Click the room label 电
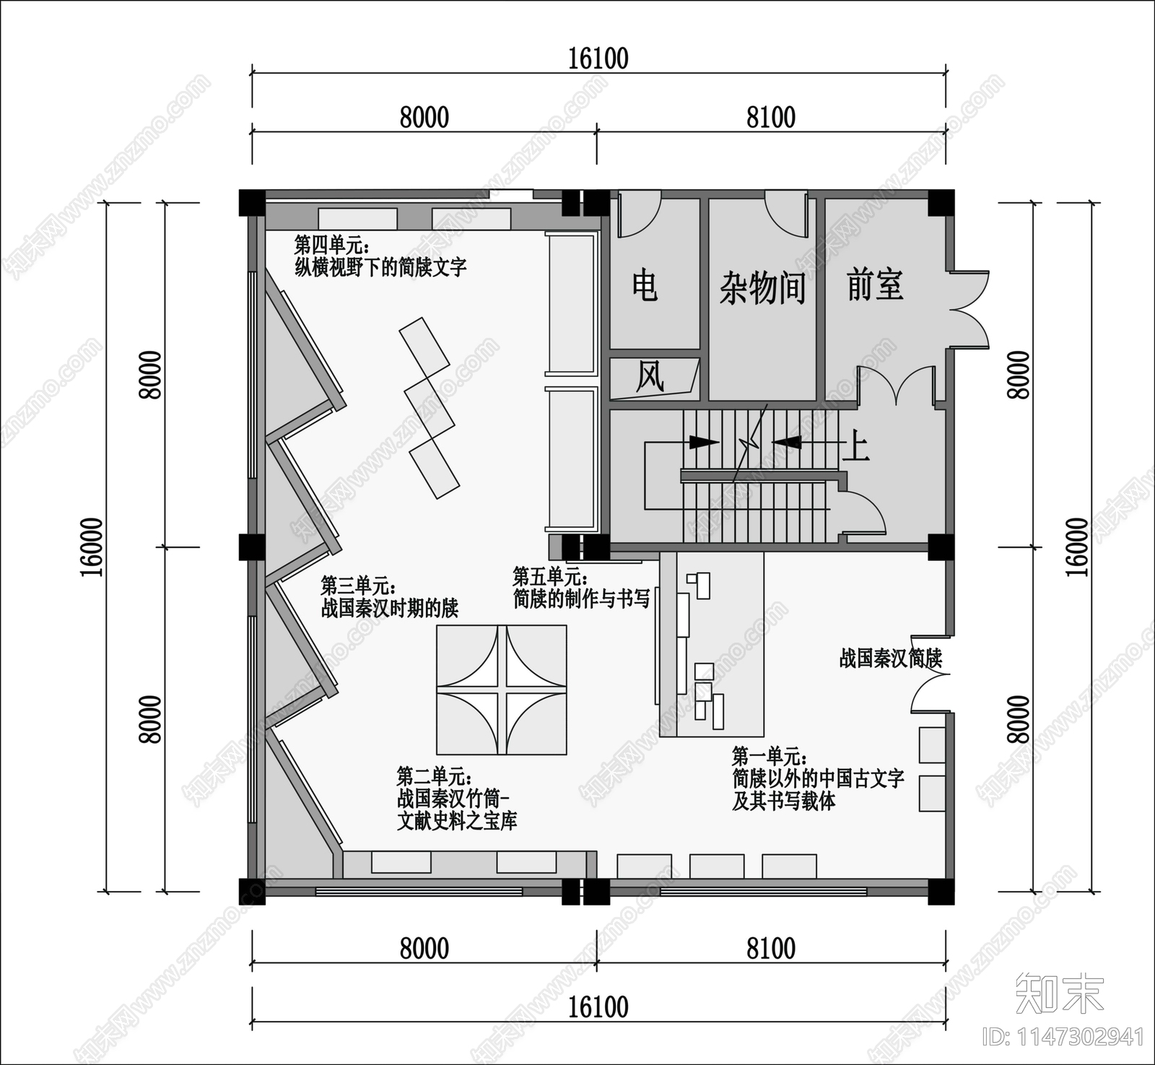645,286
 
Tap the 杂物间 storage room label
762,288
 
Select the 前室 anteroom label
875,284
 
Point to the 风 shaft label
650,377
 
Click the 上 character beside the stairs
855,446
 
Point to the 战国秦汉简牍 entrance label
890,658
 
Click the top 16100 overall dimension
598,58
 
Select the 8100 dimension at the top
770,118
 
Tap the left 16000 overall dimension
92,547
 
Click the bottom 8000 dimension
424,948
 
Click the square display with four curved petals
501,690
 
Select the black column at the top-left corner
252,202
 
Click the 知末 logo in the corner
1059,994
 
